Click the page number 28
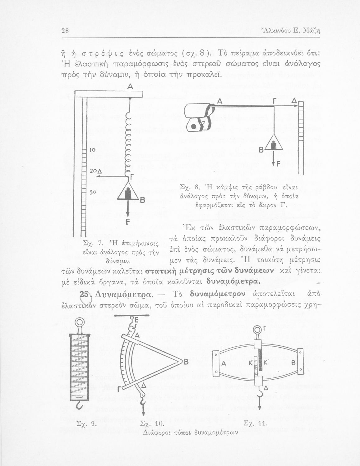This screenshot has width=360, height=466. coord(65,31)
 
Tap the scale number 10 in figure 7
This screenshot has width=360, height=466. coord(92,150)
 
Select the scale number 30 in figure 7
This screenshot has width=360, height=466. coord(92,192)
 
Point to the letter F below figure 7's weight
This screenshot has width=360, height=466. coord(127,222)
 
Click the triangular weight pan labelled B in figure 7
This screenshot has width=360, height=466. coord(128,195)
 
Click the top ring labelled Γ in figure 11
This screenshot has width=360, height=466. coord(257,330)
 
